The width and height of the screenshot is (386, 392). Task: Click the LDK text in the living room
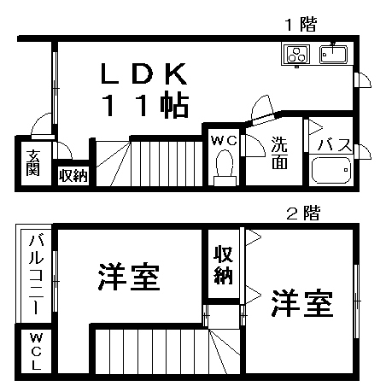pos(144,73)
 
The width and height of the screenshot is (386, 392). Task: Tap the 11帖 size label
pos(145,105)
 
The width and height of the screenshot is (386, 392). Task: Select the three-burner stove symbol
pos(295,55)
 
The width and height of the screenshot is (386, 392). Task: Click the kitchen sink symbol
pos(333,54)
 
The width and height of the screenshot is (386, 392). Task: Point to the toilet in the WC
pos(225,168)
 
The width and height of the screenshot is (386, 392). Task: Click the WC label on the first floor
pos(224,140)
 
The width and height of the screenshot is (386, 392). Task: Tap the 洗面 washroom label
pos(279,153)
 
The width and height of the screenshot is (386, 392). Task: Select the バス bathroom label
pos(335,145)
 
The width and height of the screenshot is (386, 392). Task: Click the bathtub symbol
pos(331,170)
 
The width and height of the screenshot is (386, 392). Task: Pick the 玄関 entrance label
pos(33,162)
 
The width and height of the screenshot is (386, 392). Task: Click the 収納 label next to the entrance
pos(73,175)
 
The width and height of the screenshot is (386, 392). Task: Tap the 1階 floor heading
pos(301,24)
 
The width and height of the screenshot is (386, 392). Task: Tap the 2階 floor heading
pos(303,214)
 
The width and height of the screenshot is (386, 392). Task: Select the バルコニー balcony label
pos(36,274)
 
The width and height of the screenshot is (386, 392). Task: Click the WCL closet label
pos(36,351)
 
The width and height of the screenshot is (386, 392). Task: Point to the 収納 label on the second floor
pos(224,265)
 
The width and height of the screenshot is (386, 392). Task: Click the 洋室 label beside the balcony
pos(129,277)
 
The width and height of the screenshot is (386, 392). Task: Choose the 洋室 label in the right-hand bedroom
pos(302,303)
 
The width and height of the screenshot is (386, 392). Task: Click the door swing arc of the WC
pos(258,143)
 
